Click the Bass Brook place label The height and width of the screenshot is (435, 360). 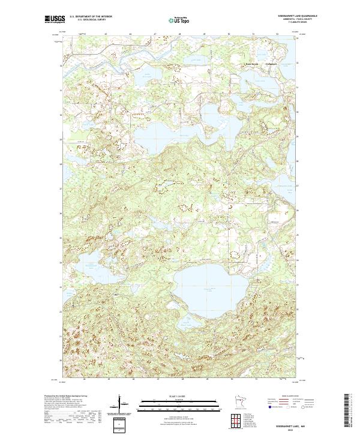tap(251, 63)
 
